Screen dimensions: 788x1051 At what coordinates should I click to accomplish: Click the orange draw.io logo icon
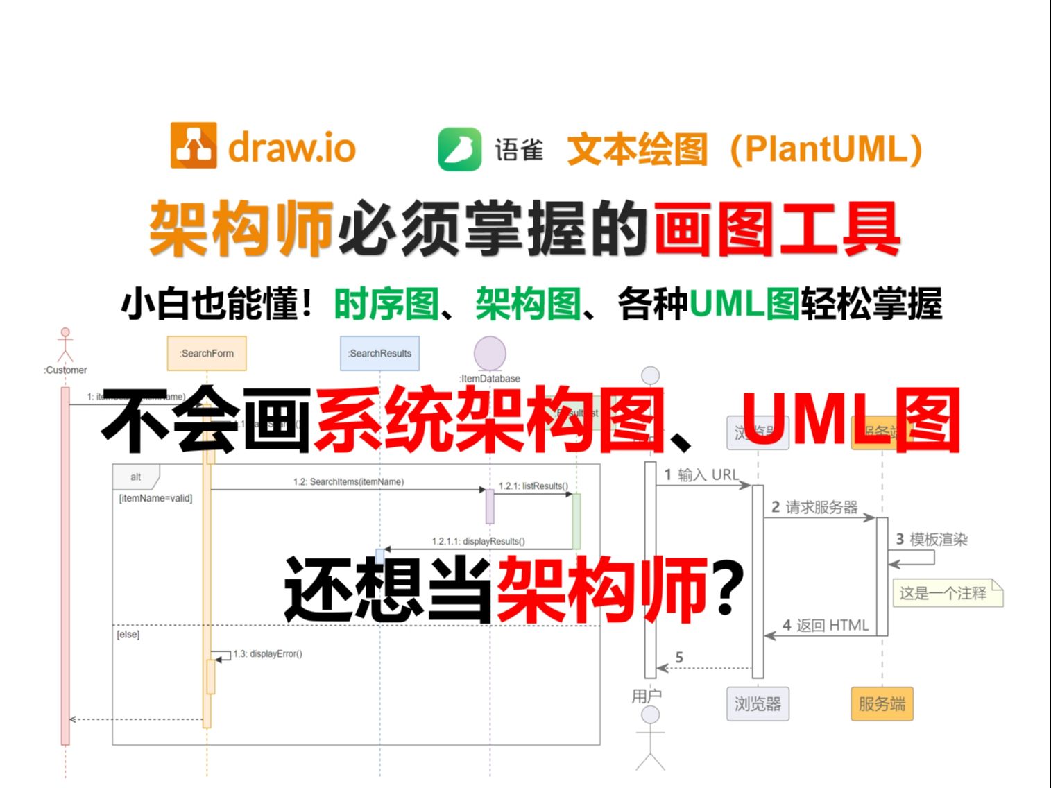tap(194, 146)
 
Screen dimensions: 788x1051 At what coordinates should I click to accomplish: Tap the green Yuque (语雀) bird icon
tap(459, 149)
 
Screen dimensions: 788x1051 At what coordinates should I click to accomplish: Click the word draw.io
tap(292, 148)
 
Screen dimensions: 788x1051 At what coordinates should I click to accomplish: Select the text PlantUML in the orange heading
tap(826, 149)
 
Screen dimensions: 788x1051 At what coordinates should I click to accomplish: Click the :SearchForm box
tap(207, 353)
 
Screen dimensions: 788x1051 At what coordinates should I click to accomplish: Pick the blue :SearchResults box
tap(379, 353)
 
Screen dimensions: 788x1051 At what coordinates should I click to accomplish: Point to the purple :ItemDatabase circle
tap(490, 352)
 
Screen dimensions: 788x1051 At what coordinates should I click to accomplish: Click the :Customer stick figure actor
tap(65, 345)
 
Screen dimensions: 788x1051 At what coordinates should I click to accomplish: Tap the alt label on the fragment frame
tap(136, 477)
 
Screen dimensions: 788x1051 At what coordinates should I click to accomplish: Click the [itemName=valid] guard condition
tap(155, 498)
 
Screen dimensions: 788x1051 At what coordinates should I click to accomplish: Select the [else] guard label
tap(128, 634)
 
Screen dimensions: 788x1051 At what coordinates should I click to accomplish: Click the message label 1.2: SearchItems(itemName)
tap(348, 481)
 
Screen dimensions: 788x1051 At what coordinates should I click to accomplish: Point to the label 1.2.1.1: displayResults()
tap(478, 541)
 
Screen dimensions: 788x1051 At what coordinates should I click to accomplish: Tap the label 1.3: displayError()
tap(268, 653)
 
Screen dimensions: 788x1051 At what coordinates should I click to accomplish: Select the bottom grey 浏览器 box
tap(758, 704)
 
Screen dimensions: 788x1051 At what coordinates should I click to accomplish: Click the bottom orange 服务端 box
tap(882, 704)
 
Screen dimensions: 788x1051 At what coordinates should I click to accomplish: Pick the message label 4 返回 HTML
tap(826, 625)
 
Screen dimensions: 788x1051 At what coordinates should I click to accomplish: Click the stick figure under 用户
tap(650, 738)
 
